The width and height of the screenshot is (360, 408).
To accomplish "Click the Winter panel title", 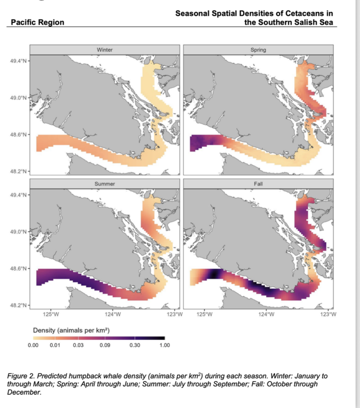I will [105, 50].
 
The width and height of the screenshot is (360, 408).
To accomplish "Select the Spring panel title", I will [258, 50].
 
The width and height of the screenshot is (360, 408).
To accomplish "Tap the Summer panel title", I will [105, 183].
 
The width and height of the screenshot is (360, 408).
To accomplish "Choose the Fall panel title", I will [258, 183].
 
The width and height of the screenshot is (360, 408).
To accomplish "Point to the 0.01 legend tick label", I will [55, 345].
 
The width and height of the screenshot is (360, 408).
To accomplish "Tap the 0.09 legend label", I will [105, 345].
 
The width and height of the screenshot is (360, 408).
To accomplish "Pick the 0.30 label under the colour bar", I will [134, 345].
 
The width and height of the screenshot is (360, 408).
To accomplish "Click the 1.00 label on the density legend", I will [164, 345].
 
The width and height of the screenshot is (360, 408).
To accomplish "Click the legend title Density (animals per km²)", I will [71, 331].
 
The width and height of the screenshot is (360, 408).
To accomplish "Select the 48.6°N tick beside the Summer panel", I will [18, 269].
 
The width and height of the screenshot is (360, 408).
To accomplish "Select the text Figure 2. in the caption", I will [20, 376].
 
